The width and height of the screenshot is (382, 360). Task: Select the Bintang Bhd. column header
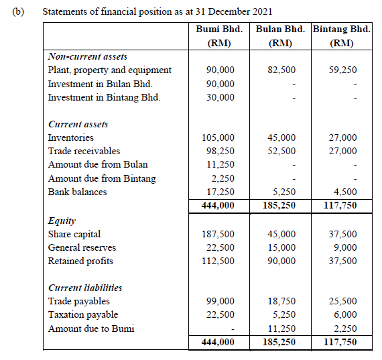point(342,29)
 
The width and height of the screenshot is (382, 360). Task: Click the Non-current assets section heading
point(88,56)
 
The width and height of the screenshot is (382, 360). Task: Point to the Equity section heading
point(62,220)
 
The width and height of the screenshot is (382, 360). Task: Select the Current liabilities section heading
point(85,288)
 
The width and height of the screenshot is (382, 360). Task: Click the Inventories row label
point(71,137)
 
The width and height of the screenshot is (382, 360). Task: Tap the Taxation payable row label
point(83,315)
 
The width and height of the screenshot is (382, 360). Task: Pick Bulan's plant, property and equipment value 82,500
point(281,70)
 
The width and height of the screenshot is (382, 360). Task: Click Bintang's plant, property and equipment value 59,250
point(343,70)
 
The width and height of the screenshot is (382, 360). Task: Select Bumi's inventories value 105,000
point(218,137)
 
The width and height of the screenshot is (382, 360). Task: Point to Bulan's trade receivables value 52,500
point(281,151)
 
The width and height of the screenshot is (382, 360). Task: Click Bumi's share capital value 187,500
point(218,234)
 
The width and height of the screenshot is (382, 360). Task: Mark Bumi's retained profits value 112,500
point(218,261)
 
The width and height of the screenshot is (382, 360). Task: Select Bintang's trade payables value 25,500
point(343,302)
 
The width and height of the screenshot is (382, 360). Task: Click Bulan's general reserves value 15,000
point(281,247)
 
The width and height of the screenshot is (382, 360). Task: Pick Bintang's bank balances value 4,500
point(346,192)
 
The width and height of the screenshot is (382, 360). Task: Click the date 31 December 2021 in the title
point(238,12)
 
